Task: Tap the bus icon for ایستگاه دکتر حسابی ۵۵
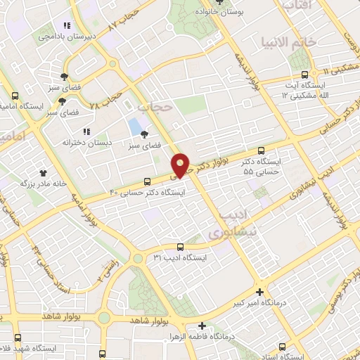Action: (262, 150)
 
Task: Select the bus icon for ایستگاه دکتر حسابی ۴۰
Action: (146, 180)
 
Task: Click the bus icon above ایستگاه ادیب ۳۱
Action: (181, 247)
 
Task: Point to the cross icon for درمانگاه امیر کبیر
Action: (260, 292)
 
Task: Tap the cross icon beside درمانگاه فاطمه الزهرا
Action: (202, 326)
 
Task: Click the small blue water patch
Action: (134, 128)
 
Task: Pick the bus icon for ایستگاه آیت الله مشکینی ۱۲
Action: (304, 75)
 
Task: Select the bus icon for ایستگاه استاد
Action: (283, 347)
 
